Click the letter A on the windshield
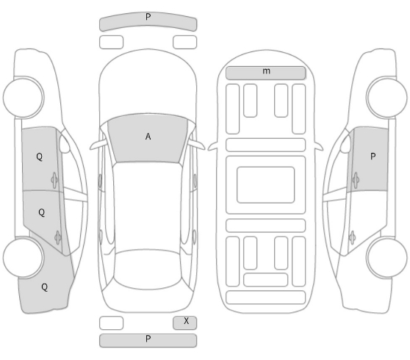(148, 137)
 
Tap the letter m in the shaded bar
(266, 71)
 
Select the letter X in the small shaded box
(186, 321)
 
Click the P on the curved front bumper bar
(148, 17)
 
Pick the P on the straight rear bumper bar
(148, 339)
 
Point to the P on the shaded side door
(373, 156)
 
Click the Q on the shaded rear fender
(44, 287)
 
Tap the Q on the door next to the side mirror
(39, 156)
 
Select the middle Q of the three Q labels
(42, 212)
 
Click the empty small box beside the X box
(111, 323)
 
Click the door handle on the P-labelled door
(356, 180)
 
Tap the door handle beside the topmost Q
(54, 180)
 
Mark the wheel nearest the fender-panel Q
(23, 257)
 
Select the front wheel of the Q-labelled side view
(24, 97)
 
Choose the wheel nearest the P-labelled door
(386, 97)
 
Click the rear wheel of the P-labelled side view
(387, 257)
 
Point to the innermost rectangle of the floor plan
(266, 184)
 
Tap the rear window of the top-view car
(148, 270)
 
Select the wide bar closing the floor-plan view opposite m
(266, 298)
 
